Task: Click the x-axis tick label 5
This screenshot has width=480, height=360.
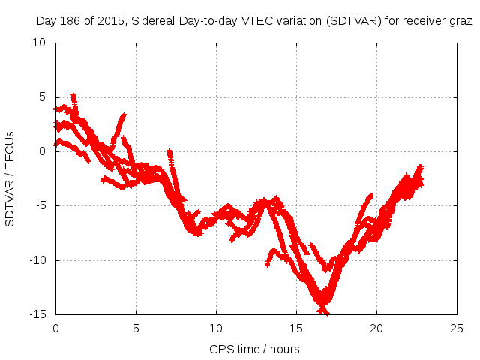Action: coord(136,328)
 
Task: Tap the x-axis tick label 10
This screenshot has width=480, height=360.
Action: coord(216,328)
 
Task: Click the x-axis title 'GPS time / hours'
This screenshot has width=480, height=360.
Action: coord(255,349)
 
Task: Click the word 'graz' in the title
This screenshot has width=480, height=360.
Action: coord(460,21)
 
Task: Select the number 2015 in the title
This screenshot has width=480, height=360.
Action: coord(109,21)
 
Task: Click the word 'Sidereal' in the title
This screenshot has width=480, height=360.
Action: coord(153,21)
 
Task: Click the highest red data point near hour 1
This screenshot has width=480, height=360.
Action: coord(73,95)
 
